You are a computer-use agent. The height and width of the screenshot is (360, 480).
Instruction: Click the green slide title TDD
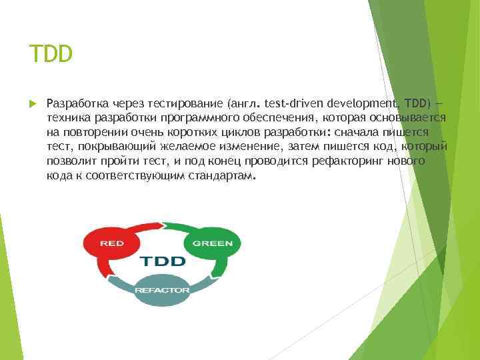(x=51, y=53)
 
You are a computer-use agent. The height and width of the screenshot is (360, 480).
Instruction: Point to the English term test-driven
(x=293, y=103)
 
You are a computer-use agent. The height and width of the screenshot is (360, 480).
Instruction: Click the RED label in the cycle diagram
(x=112, y=243)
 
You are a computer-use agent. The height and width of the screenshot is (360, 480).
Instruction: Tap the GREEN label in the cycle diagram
(x=212, y=243)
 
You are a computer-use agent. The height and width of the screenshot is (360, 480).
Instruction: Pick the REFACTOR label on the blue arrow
(x=162, y=290)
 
